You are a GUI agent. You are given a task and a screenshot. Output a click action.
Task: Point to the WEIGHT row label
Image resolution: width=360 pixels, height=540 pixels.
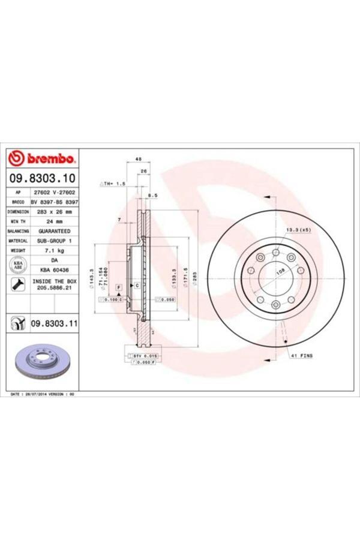click(18, 250)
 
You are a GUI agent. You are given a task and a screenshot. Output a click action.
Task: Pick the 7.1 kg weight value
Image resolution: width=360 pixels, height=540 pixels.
click(55, 250)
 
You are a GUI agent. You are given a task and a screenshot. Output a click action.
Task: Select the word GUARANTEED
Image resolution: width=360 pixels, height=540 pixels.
click(55, 231)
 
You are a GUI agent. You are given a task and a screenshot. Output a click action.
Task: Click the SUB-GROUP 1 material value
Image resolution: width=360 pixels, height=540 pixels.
click(55, 241)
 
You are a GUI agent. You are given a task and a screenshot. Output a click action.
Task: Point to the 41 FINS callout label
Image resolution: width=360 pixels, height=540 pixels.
click(301, 356)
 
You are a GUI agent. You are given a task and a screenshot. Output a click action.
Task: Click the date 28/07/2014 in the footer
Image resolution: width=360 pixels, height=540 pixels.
click(37, 394)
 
